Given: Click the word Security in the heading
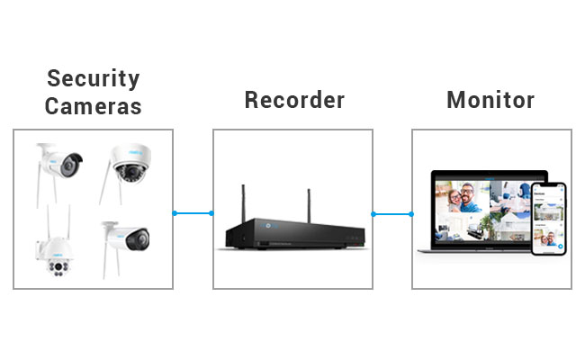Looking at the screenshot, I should (x=94, y=79).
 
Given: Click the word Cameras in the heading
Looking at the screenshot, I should (x=94, y=106).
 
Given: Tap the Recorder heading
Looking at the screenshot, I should (x=294, y=100).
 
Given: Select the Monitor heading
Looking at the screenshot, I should (x=490, y=100).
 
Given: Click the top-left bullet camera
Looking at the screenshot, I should (x=58, y=165).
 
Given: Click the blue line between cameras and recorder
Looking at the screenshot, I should (x=193, y=213).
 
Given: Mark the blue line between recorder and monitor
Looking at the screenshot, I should (x=392, y=214).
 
